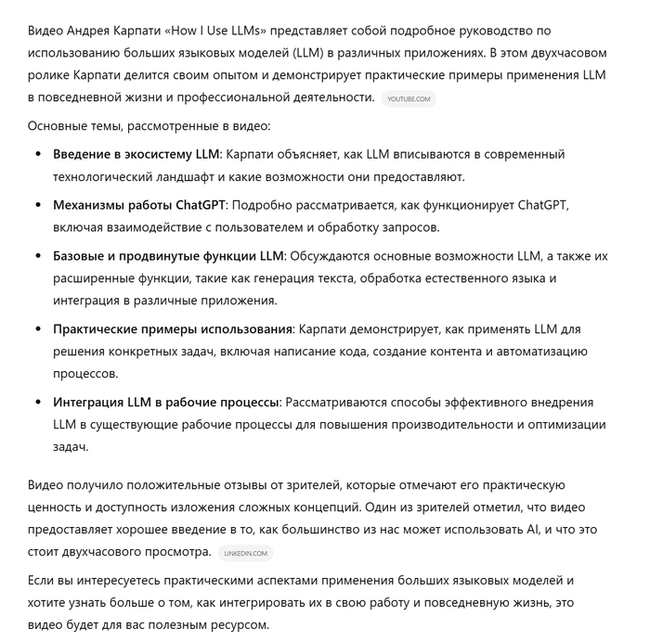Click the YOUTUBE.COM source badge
coord(409,99)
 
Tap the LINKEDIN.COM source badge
coord(245,554)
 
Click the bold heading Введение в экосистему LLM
coord(136,154)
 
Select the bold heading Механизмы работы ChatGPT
coord(139,205)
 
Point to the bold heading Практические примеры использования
coord(173,329)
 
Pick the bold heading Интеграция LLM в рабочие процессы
coord(166,403)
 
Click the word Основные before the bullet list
coord(58,126)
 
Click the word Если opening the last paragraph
coord(40,580)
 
